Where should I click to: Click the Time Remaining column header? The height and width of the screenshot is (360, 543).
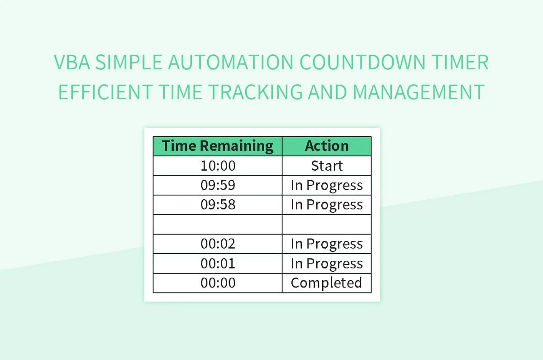(218, 146)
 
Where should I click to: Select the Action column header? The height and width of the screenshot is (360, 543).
(327, 146)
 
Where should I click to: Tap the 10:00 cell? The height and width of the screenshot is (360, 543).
(218, 166)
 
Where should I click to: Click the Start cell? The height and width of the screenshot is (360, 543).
(327, 166)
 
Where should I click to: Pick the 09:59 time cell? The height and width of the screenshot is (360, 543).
(218, 185)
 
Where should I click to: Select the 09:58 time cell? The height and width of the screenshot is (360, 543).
(218, 205)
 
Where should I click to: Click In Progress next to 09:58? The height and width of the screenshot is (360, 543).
(327, 205)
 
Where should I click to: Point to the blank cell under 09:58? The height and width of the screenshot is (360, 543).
(218, 224)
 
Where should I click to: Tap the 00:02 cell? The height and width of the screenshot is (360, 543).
(218, 244)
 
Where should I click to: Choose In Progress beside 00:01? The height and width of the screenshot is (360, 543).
(327, 263)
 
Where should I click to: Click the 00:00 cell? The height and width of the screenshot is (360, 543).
(218, 283)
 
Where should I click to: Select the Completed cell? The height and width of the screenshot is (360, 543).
(327, 283)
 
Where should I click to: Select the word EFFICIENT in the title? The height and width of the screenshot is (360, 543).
(105, 92)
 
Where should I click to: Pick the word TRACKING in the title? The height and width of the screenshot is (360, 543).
(256, 92)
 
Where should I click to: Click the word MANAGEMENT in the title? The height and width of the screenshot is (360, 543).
(419, 92)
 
